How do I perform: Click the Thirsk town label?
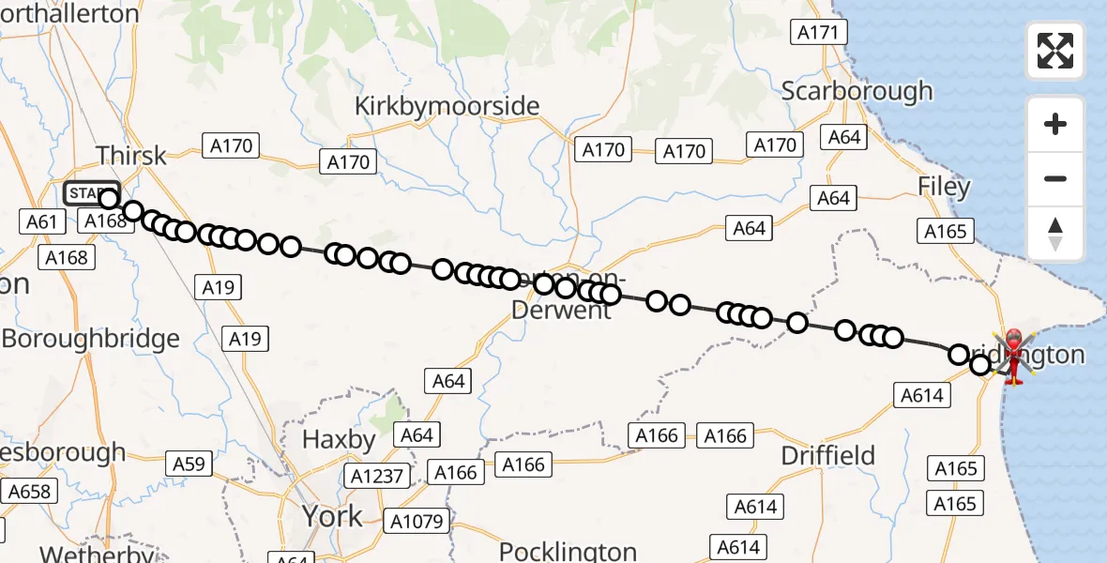tap(131, 156)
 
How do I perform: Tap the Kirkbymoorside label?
tap(447, 106)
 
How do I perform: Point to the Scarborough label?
tap(857, 91)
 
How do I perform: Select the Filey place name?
tap(944, 187)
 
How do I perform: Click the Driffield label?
tap(828, 456)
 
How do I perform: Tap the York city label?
tap(332, 516)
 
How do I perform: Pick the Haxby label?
tap(338, 439)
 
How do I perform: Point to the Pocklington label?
tap(568, 551)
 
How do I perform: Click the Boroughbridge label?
tap(90, 339)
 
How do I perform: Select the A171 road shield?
tap(818, 33)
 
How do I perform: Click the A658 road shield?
tap(31, 491)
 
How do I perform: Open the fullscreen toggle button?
tap(1055, 51)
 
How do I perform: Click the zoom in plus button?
tap(1055, 124)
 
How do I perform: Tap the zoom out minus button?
tap(1055, 178)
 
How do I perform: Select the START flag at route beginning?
tap(90, 193)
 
